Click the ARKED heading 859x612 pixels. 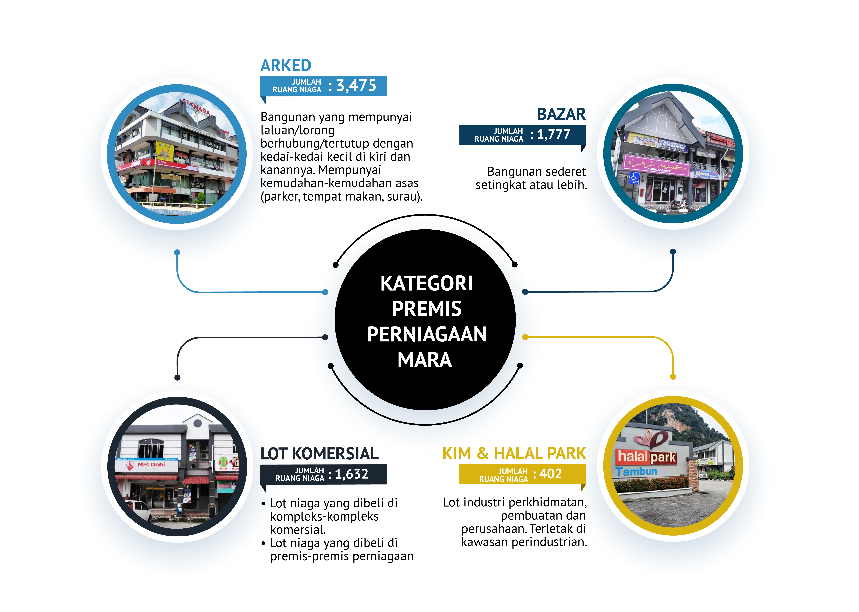point(286,66)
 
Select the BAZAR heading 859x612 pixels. point(561,114)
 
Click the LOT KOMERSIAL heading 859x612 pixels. point(319,454)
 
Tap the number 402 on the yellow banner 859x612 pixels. point(551,474)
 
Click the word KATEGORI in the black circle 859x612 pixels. point(426,283)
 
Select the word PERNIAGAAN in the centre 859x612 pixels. point(427,334)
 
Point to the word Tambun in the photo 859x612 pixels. point(637,471)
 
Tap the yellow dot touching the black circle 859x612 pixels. point(525,337)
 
